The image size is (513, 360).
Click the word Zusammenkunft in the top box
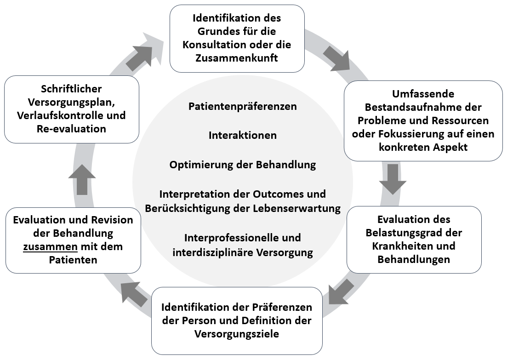pyautogui.click(x=237, y=58)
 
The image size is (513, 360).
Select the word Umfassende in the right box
pyautogui.click(x=423, y=94)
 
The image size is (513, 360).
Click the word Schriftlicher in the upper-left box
pyautogui.click(x=71, y=88)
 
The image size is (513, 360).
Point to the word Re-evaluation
pyautogui.click(x=71, y=129)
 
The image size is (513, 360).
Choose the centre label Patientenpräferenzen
pyautogui.click(x=243, y=106)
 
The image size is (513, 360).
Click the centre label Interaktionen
pyautogui.click(x=243, y=135)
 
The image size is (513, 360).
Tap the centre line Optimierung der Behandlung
pyautogui.click(x=243, y=165)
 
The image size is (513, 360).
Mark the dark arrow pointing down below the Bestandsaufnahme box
pyautogui.click(x=393, y=179)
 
